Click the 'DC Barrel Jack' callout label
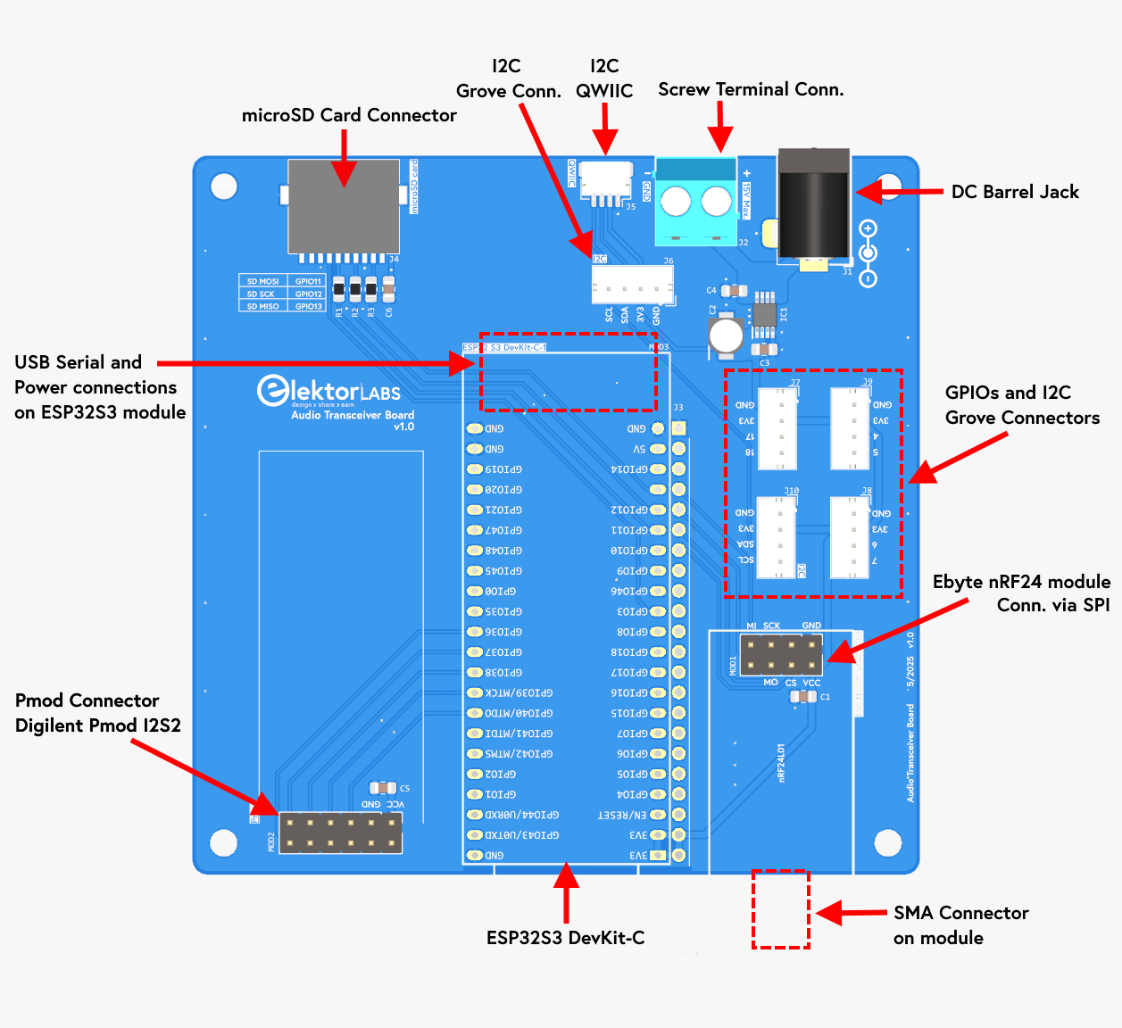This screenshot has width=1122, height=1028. [x=1014, y=192]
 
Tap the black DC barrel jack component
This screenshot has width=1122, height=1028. [x=812, y=210]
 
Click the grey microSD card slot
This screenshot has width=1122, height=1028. [x=343, y=207]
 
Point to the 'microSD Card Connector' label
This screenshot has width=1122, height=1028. [x=349, y=115]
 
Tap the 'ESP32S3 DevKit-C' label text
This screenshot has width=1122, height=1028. [x=565, y=938]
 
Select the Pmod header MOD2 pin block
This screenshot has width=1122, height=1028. [x=340, y=833]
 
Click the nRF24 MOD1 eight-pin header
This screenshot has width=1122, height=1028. [x=781, y=655]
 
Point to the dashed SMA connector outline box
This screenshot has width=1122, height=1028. [x=780, y=908]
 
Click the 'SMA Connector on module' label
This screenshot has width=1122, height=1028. [x=960, y=925]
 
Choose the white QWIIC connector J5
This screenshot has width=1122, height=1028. [x=606, y=181]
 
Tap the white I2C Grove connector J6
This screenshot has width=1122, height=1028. [x=632, y=286]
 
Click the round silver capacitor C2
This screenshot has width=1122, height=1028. [x=726, y=336]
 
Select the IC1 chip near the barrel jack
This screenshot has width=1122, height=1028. [x=764, y=314]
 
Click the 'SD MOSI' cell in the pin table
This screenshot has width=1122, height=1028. [x=262, y=281]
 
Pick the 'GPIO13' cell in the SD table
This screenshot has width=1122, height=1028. [x=308, y=306]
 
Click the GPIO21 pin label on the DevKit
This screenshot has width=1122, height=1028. [x=503, y=510]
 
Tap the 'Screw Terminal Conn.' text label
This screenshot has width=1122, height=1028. [x=751, y=89]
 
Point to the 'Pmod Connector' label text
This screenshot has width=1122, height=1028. [x=87, y=701]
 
